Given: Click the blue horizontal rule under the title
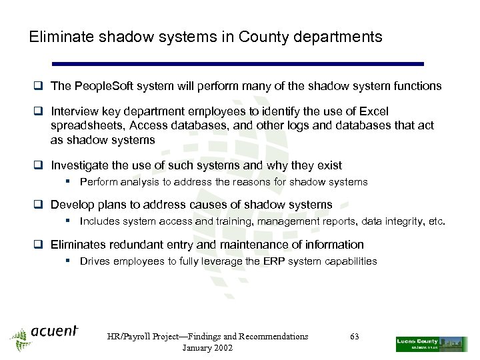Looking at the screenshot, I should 237,64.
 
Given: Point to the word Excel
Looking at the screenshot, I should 373,111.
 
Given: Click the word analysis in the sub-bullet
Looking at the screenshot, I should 139,182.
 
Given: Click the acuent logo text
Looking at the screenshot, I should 55,331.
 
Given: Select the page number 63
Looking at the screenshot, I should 354,337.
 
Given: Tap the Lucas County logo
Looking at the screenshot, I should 431,343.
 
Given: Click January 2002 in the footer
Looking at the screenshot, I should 207,349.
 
